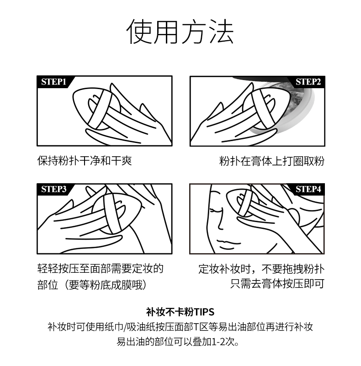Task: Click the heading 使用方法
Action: point(180,32)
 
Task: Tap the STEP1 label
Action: point(54,82)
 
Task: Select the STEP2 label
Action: point(308,82)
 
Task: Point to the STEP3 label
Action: point(54,189)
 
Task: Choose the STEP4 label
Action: point(308,189)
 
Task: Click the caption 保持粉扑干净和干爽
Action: point(85,161)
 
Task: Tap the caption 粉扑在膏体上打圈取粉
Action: point(272,161)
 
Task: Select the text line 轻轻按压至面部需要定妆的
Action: point(101,269)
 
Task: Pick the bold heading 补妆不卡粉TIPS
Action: point(180,312)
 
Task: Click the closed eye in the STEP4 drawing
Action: point(216,211)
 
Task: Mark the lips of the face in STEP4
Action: point(228,244)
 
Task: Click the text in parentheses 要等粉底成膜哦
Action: point(106,285)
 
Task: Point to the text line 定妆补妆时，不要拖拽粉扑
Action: point(261,269)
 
